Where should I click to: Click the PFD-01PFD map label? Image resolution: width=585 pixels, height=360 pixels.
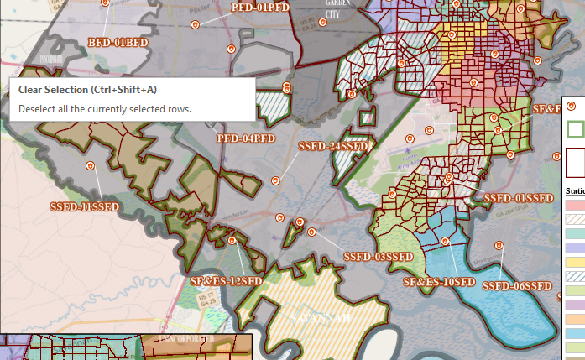coord(260,8)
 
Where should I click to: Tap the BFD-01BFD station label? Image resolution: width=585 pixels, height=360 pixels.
coord(118,41)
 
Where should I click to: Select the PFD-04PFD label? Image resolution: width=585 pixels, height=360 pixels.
coord(246,138)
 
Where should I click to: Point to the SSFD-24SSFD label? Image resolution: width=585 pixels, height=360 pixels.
coord(333,147)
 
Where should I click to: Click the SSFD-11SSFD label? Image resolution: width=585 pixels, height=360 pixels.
coord(84,206)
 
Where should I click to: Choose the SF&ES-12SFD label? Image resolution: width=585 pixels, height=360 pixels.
coord(227,280)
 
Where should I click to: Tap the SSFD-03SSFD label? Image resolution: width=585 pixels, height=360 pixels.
coord(379,256)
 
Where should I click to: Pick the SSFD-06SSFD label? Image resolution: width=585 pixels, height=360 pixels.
coord(515,286)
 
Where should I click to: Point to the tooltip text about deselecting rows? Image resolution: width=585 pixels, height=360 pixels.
coord(105,108)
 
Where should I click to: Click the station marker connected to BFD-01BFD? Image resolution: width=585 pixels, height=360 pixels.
coord(106,3)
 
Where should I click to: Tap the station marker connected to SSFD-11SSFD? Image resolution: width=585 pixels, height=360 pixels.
coord(90,165)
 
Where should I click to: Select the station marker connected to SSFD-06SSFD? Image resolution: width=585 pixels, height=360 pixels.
coord(499,246)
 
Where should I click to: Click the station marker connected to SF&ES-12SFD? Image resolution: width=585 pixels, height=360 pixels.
coord(232,240)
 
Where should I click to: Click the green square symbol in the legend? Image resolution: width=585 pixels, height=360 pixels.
coord(575,129)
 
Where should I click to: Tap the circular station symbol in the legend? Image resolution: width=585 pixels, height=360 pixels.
coord(572,106)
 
